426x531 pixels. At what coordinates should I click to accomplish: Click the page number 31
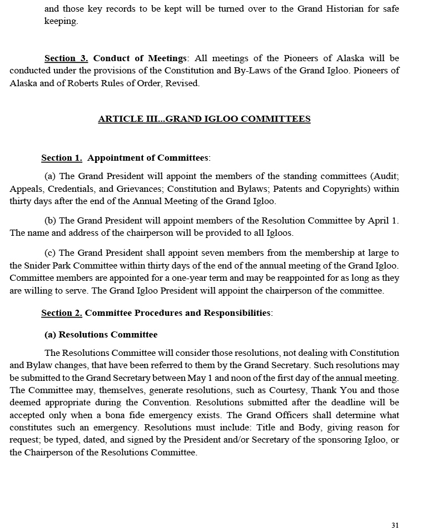[x=395, y=525]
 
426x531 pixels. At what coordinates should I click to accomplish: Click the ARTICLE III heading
[x=204, y=118]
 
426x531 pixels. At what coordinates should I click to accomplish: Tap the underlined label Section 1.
[x=62, y=158]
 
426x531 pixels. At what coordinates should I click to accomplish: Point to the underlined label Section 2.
[x=62, y=313]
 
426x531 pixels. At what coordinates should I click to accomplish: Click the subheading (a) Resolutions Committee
[x=101, y=335]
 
